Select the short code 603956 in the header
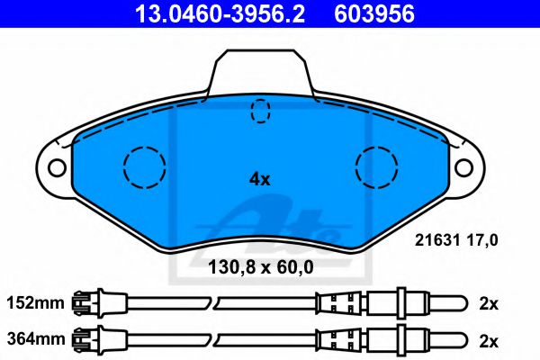pos(374,13)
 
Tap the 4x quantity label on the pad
pos(259,178)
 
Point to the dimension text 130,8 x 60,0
pos(261,267)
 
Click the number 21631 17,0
pos(455,239)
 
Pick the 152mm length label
pos(36,303)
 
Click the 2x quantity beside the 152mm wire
pos(489,303)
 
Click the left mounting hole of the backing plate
pos(57,167)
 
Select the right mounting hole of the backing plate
pos(463,167)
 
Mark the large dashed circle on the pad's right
pos(377,166)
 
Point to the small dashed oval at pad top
pos(260,110)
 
